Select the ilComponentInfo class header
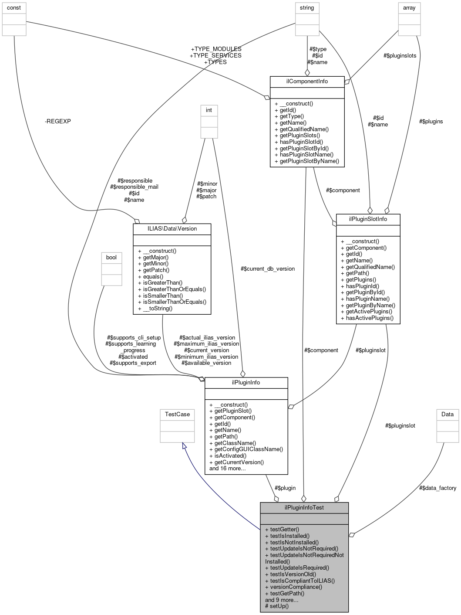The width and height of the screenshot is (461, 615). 307,82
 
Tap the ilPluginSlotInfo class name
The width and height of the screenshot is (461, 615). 368,219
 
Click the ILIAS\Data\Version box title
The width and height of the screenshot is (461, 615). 172,228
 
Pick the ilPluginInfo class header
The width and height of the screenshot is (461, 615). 246,382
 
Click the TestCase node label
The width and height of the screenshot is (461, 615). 177,414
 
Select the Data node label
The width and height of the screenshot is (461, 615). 448,414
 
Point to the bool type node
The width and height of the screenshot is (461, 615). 111,257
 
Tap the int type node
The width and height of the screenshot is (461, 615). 209,110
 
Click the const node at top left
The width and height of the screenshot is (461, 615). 14,8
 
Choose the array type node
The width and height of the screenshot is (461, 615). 409,8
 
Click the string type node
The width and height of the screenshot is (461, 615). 307,8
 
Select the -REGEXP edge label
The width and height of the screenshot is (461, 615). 57,121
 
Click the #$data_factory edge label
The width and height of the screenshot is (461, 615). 437,488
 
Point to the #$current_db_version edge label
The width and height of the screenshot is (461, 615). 267,268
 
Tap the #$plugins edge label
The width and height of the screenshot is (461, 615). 431,121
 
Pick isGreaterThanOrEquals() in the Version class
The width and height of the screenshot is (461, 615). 172,289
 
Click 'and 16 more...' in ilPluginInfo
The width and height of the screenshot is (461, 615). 227,469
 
